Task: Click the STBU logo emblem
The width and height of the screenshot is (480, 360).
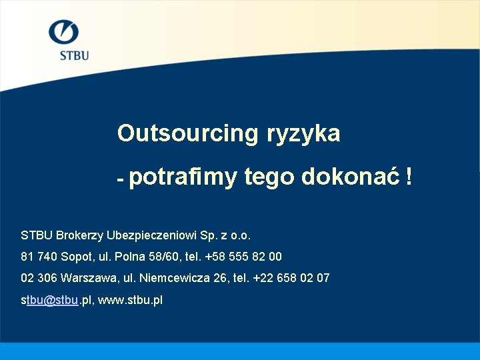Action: click(64, 33)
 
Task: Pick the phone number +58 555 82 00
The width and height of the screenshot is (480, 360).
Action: click(243, 257)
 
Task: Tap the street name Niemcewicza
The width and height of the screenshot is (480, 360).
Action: click(169, 278)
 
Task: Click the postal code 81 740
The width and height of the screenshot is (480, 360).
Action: click(37, 257)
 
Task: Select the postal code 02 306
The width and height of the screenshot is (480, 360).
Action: click(37, 278)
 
